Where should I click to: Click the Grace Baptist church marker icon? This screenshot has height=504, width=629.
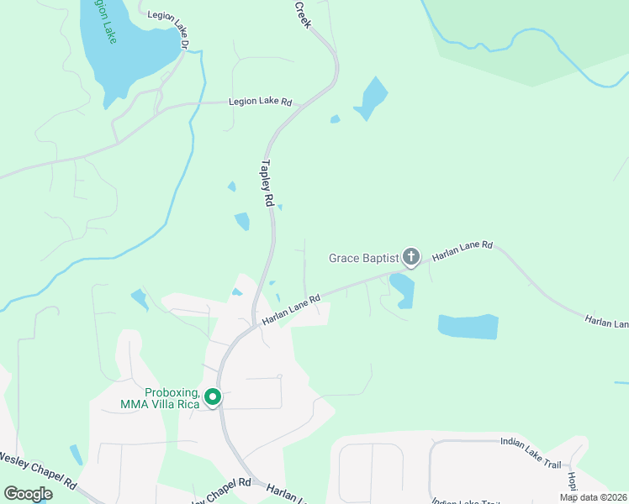click(411, 256)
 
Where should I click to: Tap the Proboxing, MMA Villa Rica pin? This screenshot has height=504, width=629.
click(214, 397)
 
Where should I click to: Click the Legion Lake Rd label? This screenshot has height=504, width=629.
click(261, 102)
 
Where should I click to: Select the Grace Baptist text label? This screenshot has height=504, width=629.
click(362, 258)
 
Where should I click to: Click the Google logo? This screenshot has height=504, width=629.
click(28, 494)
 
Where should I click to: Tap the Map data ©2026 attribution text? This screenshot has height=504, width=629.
click(592, 497)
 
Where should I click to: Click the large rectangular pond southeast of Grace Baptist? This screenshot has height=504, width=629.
click(468, 326)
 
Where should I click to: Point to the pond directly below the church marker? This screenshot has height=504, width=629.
click(402, 290)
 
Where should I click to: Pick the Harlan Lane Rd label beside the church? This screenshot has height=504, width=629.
click(462, 249)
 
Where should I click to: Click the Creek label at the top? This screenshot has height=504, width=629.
click(303, 14)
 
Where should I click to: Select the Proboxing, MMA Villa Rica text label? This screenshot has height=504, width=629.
click(172, 398)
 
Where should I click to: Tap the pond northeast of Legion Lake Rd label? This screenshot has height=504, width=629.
click(371, 98)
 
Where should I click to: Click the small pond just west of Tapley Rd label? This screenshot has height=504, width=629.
click(242, 221)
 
